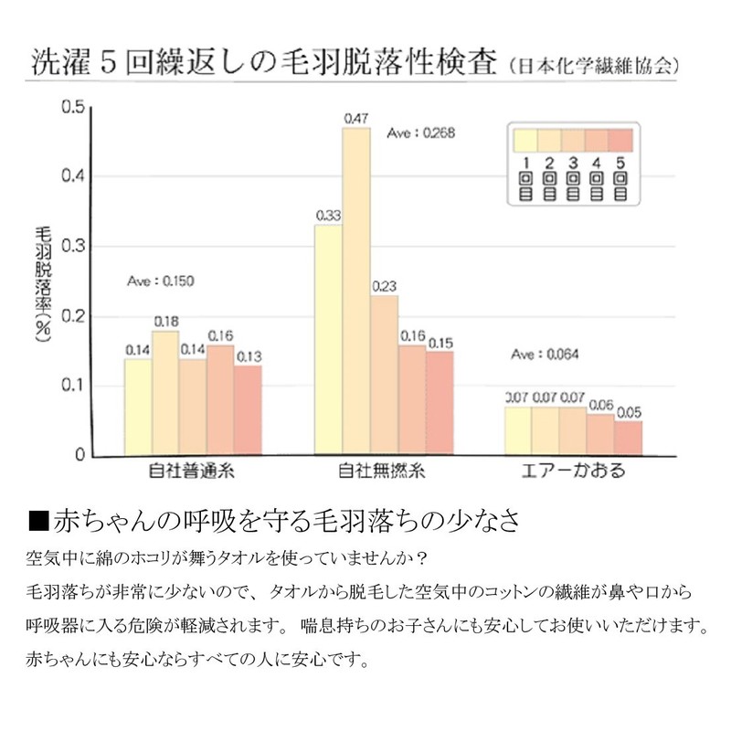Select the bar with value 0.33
coord(328,339)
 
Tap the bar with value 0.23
coord(385,375)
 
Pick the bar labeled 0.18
coord(165,393)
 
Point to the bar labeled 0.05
coord(628,438)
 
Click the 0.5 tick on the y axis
coord(72,107)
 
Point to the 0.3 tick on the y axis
coord(72,246)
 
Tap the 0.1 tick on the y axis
coord(72,386)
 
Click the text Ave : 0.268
coord(421,132)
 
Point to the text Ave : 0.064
coord(546,355)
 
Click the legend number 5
coord(620,162)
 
